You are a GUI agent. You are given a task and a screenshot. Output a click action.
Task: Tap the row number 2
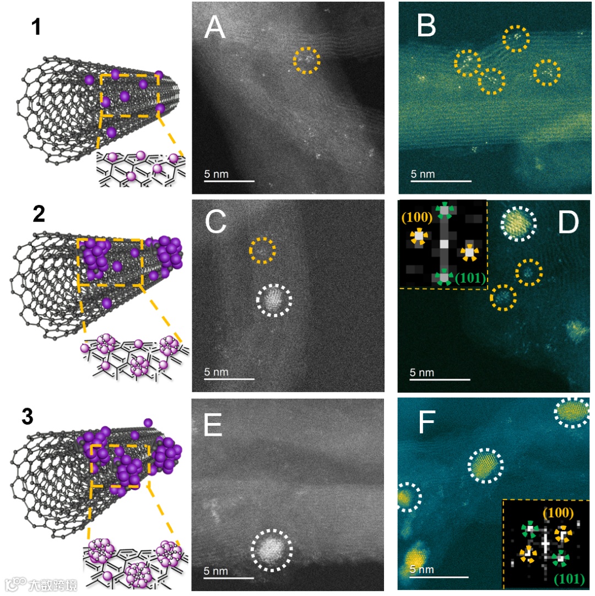coord(39,214)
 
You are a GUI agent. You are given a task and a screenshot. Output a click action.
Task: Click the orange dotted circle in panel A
coord(306,59)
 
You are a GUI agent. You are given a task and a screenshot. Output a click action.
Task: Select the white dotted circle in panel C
coord(274,299)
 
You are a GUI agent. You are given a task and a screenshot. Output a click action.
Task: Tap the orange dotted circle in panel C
coord(262,250)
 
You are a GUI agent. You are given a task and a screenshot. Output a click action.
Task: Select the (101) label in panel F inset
coord(569,579)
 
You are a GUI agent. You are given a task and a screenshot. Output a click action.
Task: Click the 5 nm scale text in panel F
coord(423,569)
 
